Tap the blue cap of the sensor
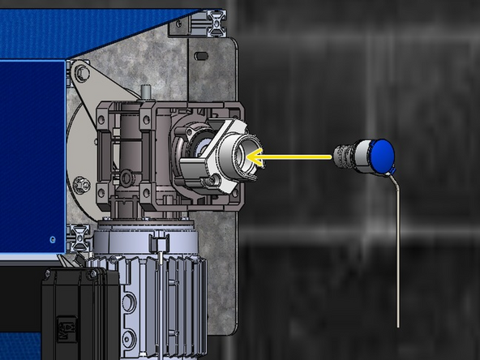[x=381, y=154]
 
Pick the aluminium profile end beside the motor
[x=79, y=237]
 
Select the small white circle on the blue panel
[x=51, y=239]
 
